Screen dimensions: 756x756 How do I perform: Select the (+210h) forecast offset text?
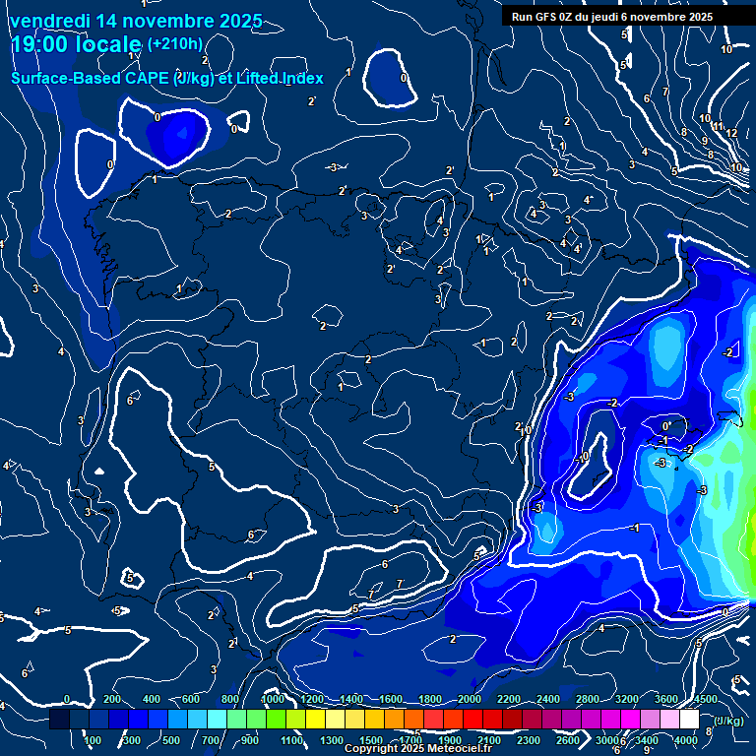tap(175, 44)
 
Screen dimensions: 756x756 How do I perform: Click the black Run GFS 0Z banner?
tap(612, 17)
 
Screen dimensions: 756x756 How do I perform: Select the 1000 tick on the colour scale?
tap(273, 699)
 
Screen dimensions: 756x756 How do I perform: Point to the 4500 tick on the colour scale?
tap(706, 699)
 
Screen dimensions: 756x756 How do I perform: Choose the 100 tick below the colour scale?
tap(94, 740)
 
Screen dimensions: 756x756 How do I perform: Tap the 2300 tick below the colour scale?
tap(528, 740)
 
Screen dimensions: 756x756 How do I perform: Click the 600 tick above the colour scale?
tap(192, 699)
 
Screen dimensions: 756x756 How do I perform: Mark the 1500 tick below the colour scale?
tap(371, 740)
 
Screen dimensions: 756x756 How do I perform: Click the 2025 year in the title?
tap(239, 21)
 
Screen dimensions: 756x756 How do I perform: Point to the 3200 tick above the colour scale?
tap(627, 699)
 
